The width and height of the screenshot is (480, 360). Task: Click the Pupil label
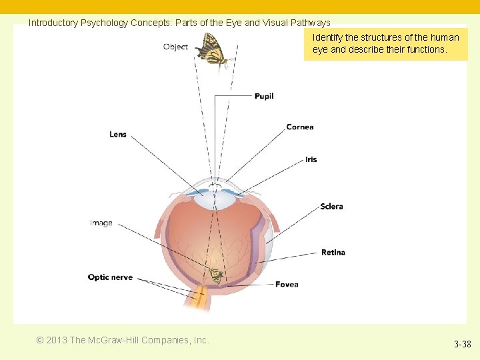coord(264,96)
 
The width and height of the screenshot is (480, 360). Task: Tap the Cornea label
coord(300,127)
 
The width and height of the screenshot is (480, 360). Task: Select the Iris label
coord(311,159)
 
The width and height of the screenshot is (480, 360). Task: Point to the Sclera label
coord(331,206)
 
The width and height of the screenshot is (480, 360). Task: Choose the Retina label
coord(333,252)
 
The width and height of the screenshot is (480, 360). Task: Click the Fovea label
coord(287,285)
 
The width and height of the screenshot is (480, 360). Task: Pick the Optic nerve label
coord(110,277)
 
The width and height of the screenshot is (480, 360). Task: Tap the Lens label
coord(118,134)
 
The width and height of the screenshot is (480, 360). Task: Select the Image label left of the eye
coord(101,223)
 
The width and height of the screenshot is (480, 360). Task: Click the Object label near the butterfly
coord(175,47)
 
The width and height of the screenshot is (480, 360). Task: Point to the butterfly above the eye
coord(215,51)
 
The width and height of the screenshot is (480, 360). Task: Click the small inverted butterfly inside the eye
coord(215,275)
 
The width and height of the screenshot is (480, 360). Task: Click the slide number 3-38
coord(462,345)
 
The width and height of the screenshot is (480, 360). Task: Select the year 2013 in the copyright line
coord(56,340)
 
